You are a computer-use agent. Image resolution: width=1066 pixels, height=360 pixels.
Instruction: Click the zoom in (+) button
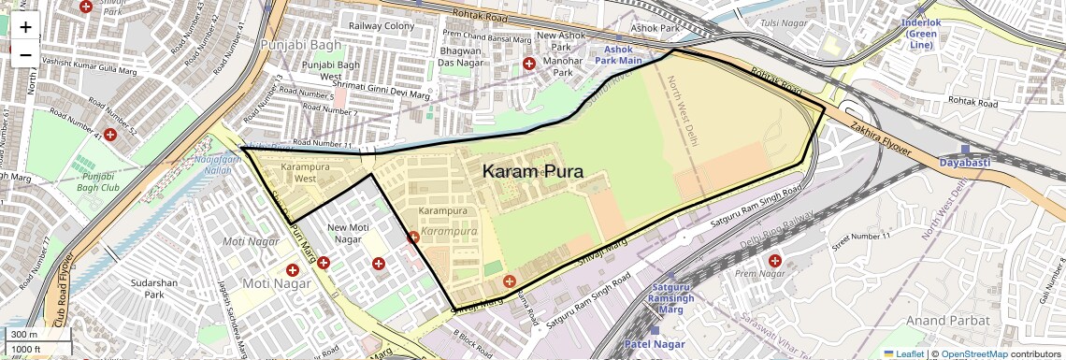click(25, 27)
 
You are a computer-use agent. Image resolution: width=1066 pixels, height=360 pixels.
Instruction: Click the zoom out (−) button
click(25, 55)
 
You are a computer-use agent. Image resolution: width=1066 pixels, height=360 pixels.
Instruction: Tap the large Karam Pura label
click(533, 172)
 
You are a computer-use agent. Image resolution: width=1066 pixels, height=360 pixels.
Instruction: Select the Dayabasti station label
click(963, 162)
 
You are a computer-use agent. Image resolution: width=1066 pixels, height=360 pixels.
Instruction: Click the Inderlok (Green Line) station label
click(921, 33)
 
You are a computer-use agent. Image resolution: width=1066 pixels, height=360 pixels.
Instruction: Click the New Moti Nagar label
click(348, 233)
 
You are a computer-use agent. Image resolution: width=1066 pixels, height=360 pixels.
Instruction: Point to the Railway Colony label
click(381, 25)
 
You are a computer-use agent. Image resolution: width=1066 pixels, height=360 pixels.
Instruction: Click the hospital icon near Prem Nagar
click(774, 260)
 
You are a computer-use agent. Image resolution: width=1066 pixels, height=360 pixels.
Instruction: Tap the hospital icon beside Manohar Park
click(528, 64)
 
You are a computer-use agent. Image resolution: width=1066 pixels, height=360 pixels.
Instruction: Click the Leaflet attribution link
click(902, 353)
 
